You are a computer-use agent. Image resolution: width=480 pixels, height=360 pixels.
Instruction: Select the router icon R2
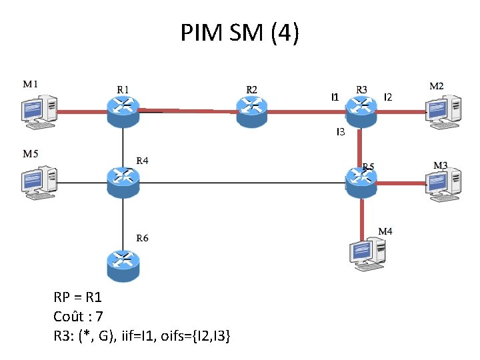pos(251,111)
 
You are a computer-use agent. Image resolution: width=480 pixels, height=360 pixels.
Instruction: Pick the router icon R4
pos(123,181)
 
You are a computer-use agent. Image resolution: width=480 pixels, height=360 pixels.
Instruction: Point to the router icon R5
pos(361,181)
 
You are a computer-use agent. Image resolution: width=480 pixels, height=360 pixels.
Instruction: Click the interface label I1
pos(335,97)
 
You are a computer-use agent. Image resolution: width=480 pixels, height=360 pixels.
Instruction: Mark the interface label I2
pos(388,97)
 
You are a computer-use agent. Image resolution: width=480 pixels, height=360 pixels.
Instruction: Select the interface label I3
pos(340,133)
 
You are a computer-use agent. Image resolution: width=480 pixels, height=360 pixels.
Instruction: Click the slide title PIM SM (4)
pos(240,32)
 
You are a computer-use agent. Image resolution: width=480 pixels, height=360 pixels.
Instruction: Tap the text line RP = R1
pos(77,297)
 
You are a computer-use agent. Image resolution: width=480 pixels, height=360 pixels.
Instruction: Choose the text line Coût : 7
pos(78,316)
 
